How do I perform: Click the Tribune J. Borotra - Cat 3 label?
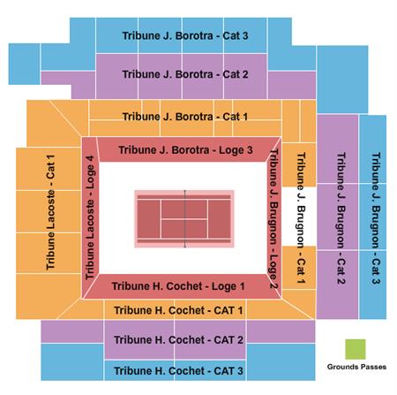[185, 36]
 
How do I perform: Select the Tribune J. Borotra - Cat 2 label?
[185, 74]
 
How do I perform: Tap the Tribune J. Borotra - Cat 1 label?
[185, 117]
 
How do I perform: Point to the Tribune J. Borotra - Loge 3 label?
[185, 150]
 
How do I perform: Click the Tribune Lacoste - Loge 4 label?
[90, 217]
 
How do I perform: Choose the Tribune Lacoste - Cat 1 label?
[50, 212]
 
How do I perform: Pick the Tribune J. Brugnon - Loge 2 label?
[273, 218]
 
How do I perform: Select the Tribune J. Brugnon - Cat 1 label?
[301, 218]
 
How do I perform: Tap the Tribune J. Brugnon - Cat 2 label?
[341, 218]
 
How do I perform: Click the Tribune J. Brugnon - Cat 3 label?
[376, 218]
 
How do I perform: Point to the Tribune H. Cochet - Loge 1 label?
[178, 286]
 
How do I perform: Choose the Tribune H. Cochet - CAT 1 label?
[178, 310]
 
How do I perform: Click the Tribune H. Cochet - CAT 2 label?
[178, 340]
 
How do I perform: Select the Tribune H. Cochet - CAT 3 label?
[178, 371]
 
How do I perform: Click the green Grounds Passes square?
[356, 349]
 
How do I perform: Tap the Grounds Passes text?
[356, 367]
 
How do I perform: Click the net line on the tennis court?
[184, 219]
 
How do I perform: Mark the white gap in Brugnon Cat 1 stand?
[299, 216]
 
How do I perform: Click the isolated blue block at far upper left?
[24, 64]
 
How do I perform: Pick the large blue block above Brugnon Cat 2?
[342, 80]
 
